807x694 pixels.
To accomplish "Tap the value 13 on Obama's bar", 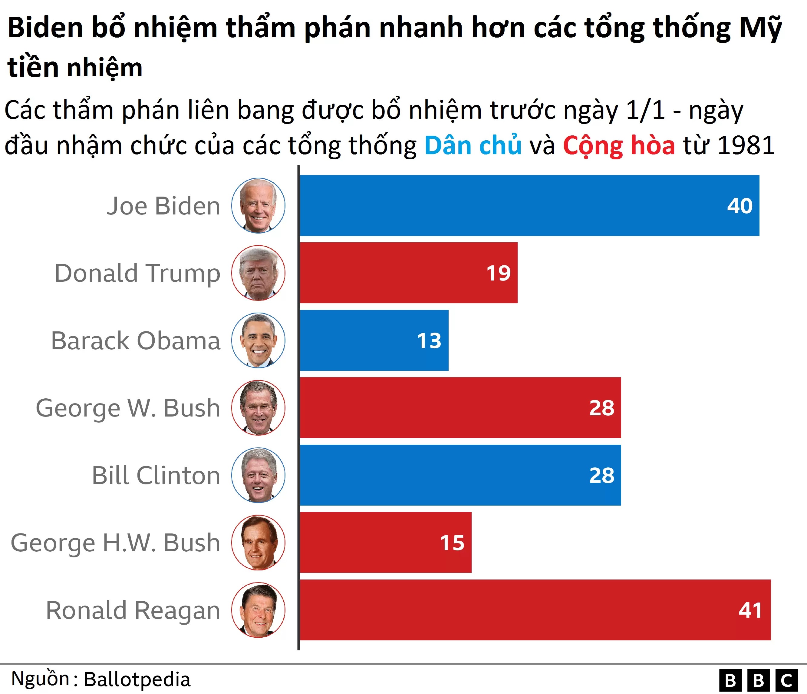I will (x=429, y=340).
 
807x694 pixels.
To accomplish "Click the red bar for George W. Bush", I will (x=459, y=408).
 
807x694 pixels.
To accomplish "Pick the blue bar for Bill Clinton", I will (x=459, y=475).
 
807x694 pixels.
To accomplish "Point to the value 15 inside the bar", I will (x=452, y=543).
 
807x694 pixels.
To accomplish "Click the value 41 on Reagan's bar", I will (x=750, y=610).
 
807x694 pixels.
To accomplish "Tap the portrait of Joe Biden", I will (x=258, y=205).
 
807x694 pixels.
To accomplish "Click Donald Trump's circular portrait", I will (x=258, y=273).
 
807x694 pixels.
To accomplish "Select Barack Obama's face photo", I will (x=258, y=340).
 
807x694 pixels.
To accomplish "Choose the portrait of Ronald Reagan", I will (x=258, y=610).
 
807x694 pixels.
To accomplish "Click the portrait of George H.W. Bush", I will (x=258, y=543).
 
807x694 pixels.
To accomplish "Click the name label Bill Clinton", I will (x=156, y=475).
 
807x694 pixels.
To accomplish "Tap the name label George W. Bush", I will (x=128, y=408).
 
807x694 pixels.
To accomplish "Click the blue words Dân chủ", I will (x=473, y=145).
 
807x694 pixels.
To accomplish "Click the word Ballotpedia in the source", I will (x=137, y=679).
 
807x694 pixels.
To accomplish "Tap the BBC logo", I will (x=758, y=680).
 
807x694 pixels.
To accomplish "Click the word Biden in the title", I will (x=46, y=28).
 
